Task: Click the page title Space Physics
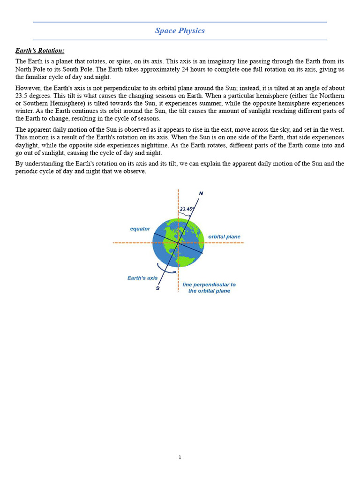(x=180, y=31)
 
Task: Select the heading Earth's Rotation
(x=40, y=51)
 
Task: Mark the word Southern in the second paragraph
(x=36, y=103)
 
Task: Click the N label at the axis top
(x=201, y=193)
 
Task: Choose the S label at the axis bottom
(x=157, y=288)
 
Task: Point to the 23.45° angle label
(x=187, y=209)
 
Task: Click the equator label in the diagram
(x=140, y=229)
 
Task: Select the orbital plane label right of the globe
(x=224, y=237)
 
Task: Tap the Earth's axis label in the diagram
(x=142, y=278)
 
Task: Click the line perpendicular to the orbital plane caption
(x=209, y=288)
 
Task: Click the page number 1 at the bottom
(x=180, y=457)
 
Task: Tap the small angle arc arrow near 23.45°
(x=186, y=215)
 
